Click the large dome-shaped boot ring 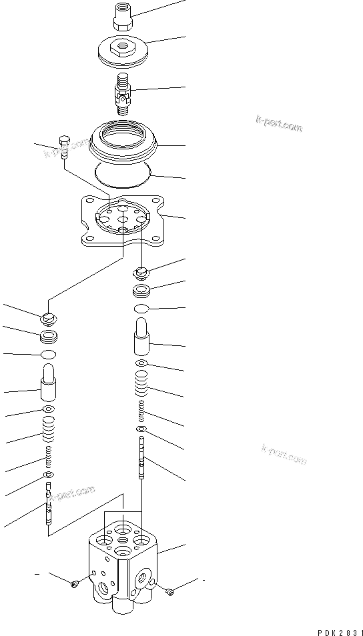124,143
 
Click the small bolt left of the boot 64,145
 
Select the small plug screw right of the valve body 171,590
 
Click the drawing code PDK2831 337,629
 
